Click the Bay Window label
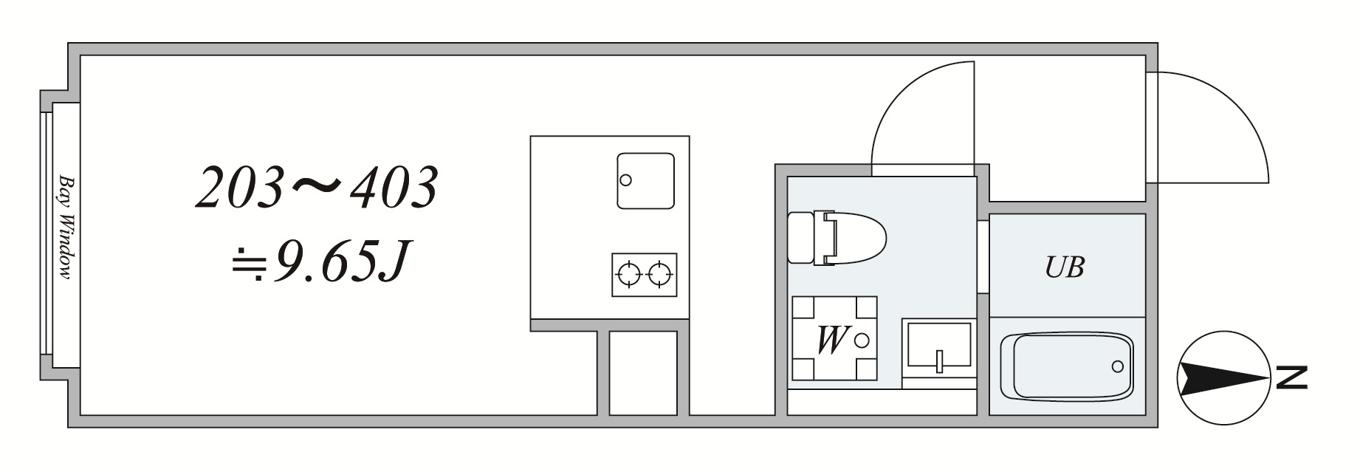pos(66,228)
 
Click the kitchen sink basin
pos(645,180)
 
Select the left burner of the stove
pos(628,276)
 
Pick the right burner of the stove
pos(659,276)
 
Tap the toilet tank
pos(800,237)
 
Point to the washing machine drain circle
pos(862,340)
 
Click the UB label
pos(1065,267)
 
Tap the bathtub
pos(1066,366)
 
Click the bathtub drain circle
pos(1117,366)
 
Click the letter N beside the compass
pos(1293,377)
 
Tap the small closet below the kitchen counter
pos(643,373)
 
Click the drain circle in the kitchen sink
pos(626,179)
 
